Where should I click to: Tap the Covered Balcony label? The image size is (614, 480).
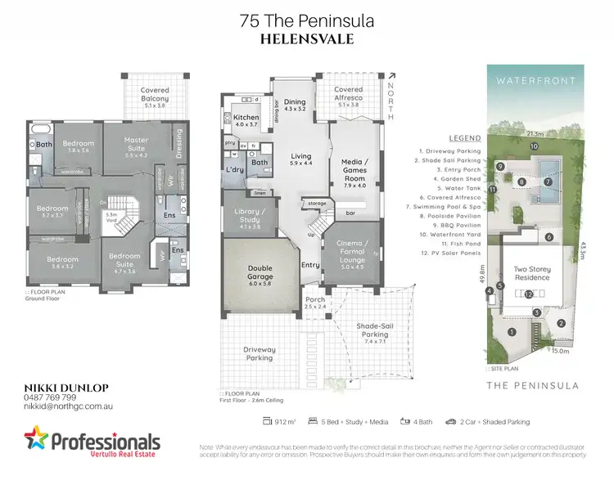pyautogui.click(x=155, y=94)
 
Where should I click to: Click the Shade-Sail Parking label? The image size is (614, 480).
pyautogui.click(x=374, y=330)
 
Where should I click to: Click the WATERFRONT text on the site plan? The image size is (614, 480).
pyautogui.click(x=534, y=80)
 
